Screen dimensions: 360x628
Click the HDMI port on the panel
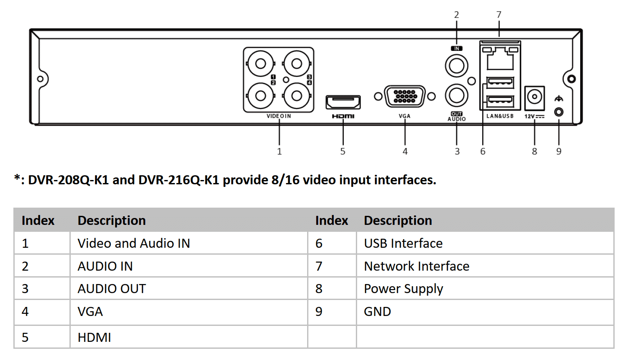pyautogui.click(x=343, y=102)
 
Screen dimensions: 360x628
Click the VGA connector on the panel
pyautogui.click(x=405, y=95)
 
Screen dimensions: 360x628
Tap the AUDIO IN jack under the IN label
pyautogui.click(x=456, y=66)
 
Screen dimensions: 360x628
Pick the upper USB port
pyautogui.click(x=500, y=82)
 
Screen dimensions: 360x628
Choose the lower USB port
pyautogui.click(x=500, y=101)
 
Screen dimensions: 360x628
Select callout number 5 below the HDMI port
pyautogui.click(x=343, y=152)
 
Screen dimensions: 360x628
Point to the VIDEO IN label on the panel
pyautogui.click(x=279, y=116)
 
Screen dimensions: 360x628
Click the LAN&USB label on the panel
pyautogui.click(x=499, y=116)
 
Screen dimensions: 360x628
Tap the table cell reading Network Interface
pyautogui.click(x=417, y=266)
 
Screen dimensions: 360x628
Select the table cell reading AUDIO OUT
pyautogui.click(x=112, y=289)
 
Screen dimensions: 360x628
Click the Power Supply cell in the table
pyautogui.click(x=403, y=289)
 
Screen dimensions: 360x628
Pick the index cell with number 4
pyautogui.click(x=25, y=312)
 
